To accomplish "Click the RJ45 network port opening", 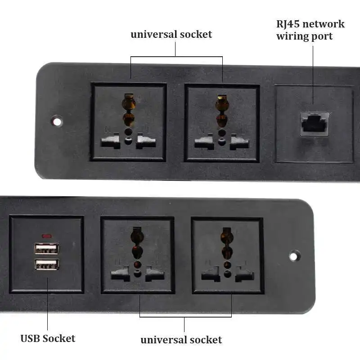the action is [314, 122].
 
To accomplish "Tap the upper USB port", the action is [47, 249].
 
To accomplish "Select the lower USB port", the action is [47, 264].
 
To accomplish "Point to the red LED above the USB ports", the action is [46, 236].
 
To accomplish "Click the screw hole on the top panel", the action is [57, 121].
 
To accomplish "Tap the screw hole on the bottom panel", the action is [293, 256].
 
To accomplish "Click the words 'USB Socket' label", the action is [48, 338].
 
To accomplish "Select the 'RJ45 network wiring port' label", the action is [310, 30].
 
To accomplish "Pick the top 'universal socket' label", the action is [171, 34].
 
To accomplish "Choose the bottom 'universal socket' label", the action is [181, 339].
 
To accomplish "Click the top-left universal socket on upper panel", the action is [129, 121].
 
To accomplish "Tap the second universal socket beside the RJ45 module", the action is [222, 122].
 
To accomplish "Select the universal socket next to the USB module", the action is [137, 255].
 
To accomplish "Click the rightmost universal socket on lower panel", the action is [228, 255].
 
